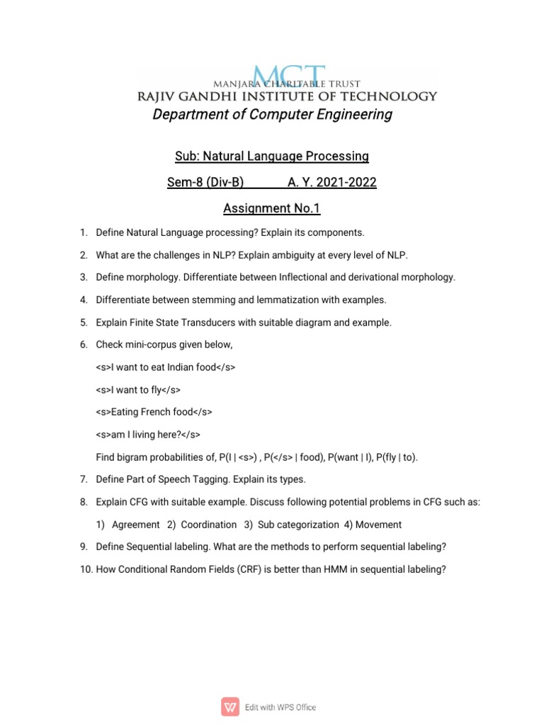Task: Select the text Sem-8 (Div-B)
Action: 205,183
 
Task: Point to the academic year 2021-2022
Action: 331,183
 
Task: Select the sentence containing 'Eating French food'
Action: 154,411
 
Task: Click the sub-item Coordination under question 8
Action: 208,525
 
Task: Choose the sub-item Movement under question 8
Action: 378,525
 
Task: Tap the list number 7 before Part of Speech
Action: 83,479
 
